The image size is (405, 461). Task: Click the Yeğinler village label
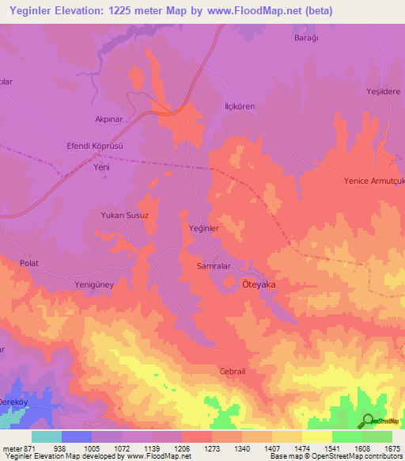(203, 228)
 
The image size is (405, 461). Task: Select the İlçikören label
(239, 107)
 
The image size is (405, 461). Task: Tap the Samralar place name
(213, 267)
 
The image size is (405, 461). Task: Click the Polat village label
(29, 263)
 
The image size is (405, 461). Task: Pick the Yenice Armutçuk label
(374, 181)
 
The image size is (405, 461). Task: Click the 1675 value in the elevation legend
(390, 449)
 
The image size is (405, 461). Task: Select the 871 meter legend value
(24, 449)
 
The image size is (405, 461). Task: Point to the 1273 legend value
(210, 449)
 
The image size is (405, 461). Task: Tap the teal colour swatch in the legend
(47, 436)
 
